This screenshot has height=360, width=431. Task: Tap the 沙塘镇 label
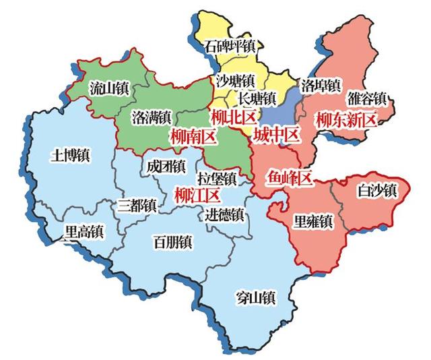click(235, 80)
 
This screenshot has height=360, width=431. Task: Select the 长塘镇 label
click(257, 98)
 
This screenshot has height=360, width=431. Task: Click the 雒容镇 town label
click(367, 98)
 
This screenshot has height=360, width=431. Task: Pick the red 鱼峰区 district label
click(291, 179)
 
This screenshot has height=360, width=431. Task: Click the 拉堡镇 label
click(217, 179)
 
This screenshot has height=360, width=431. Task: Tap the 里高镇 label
click(84, 231)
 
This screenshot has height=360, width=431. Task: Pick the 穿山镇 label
click(257, 296)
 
